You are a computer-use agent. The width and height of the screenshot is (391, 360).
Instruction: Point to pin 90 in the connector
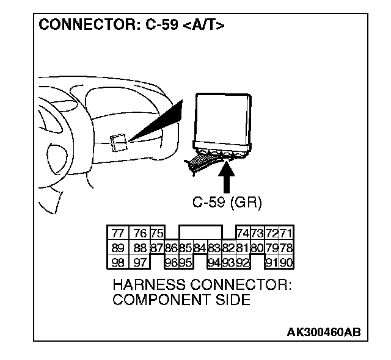pyautogui.click(x=286, y=262)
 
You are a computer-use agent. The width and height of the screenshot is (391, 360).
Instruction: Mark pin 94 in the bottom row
pyautogui.click(x=213, y=262)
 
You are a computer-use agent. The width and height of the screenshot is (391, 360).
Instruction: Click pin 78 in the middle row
pyautogui.click(x=286, y=248)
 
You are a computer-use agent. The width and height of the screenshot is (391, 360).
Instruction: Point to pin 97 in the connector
pyautogui.click(x=139, y=262)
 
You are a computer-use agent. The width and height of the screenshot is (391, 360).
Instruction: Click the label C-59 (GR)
pyautogui.click(x=227, y=203)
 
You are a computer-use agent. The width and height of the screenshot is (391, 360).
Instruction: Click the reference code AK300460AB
pyautogui.click(x=324, y=332)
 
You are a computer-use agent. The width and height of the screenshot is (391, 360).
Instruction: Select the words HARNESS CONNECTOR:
pyautogui.click(x=202, y=285)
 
